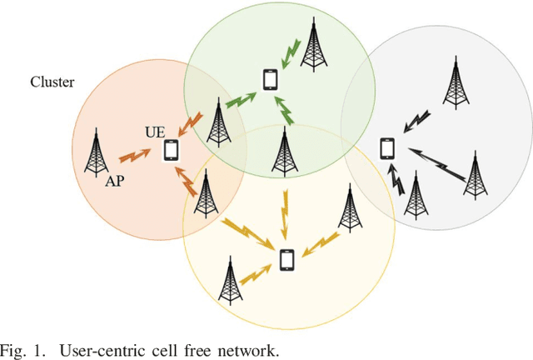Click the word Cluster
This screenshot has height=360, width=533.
click(52, 82)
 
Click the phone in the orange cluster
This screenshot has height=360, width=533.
click(171, 151)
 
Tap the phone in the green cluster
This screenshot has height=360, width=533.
click(270, 79)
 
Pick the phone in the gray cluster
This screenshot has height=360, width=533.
click(386, 147)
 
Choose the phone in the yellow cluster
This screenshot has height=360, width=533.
click(287, 262)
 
